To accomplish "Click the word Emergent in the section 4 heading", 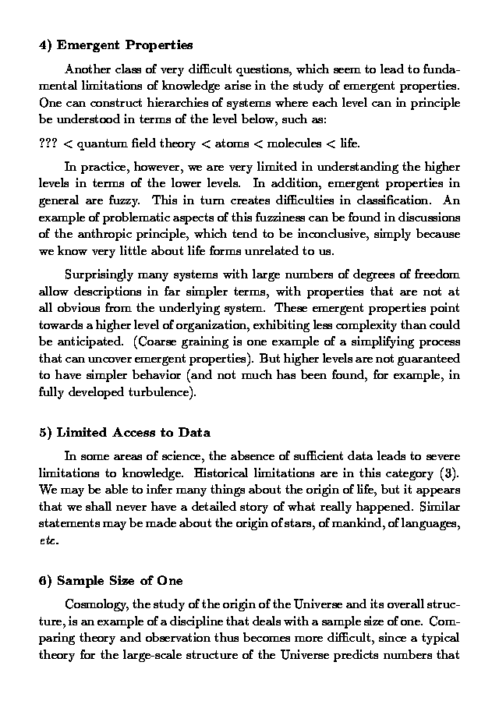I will [88, 45].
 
